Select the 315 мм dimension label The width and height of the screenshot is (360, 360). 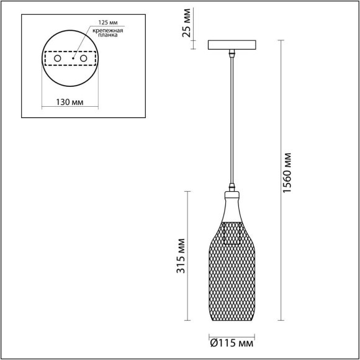click(181, 258)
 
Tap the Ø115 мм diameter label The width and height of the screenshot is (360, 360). click(232, 343)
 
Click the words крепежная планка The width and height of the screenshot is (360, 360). click(101, 33)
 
